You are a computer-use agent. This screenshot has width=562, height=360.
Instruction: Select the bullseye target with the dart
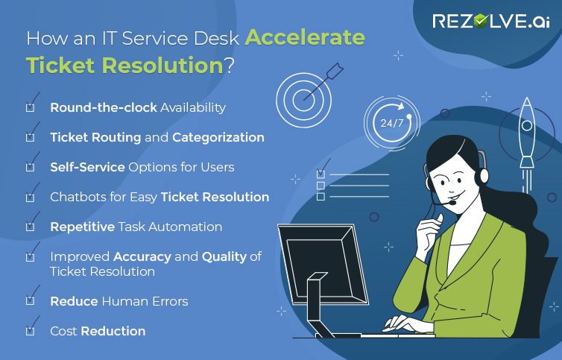coord(303,97)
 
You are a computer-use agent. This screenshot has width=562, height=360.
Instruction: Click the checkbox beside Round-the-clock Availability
coord(31,107)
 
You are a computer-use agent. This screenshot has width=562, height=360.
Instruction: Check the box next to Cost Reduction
coord(31,330)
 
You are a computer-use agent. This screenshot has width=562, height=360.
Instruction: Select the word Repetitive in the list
coord(82,227)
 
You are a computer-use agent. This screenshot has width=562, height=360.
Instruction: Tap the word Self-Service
coord(87,167)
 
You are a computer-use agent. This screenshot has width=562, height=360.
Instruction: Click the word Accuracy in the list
coord(142,256)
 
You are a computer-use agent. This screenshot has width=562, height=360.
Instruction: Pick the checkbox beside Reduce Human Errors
coord(31,300)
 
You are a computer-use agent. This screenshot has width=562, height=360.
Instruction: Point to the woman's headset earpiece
coord(484,177)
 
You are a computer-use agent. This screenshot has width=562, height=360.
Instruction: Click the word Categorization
coord(218,137)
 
